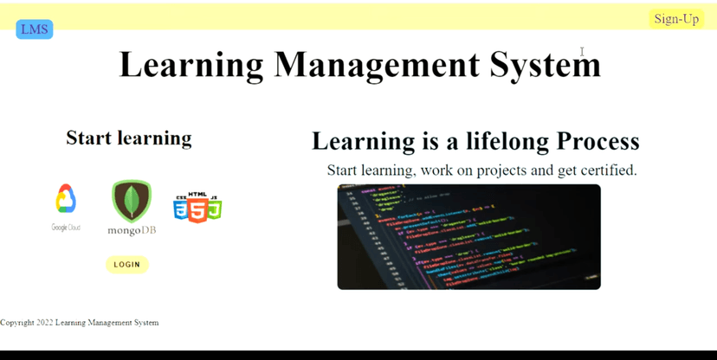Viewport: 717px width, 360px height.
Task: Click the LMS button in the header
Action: (x=35, y=29)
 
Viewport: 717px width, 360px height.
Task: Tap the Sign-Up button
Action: (x=676, y=19)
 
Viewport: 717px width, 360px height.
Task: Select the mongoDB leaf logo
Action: (x=132, y=201)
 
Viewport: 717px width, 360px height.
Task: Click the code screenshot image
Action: (x=468, y=236)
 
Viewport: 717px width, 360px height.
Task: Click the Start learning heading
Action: (x=129, y=138)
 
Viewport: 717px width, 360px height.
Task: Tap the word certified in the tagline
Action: (x=608, y=170)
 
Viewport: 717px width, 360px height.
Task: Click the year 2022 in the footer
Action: (x=45, y=323)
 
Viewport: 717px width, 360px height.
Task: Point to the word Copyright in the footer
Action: (x=17, y=323)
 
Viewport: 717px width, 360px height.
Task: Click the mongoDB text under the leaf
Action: (x=132, y=230)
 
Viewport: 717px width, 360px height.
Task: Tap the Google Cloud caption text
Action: (x=66, y=228)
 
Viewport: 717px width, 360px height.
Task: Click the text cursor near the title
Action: (x=583, y=52)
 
